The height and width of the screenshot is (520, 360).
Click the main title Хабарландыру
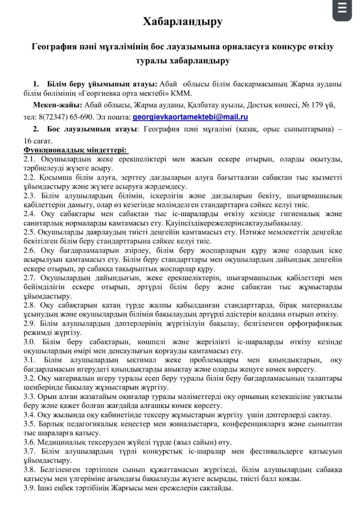(182, 22)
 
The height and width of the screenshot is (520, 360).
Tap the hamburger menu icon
(342, 9)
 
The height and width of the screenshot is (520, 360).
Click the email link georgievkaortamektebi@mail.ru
(190, 117)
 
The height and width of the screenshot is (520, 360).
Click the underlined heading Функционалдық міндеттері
(76, 150)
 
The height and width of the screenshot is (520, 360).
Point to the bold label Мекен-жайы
(58, 105)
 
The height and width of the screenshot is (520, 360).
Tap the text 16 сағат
(38, 141)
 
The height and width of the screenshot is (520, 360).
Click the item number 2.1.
(30, 159)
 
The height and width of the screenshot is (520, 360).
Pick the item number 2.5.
(30, 232)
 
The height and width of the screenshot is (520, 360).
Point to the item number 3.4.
(30, 415)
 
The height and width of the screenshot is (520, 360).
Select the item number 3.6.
(30, 442)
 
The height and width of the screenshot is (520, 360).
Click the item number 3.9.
(30, 488)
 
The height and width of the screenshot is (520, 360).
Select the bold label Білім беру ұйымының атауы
(102, 84)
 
